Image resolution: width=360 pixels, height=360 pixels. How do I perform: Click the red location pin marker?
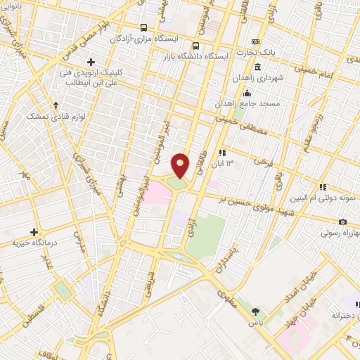click(181, 165)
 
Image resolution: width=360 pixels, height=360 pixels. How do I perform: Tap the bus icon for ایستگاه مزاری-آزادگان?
click(144, 27)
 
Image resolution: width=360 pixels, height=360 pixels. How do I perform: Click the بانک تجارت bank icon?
click(255, 41)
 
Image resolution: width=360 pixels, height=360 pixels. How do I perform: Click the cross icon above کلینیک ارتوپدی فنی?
click(90, 62)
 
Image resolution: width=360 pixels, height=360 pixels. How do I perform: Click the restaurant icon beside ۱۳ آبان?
click(221, 152)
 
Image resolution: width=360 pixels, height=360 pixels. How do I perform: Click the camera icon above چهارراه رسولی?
click(343, 221)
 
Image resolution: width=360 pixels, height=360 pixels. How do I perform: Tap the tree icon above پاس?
click(255, 311)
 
